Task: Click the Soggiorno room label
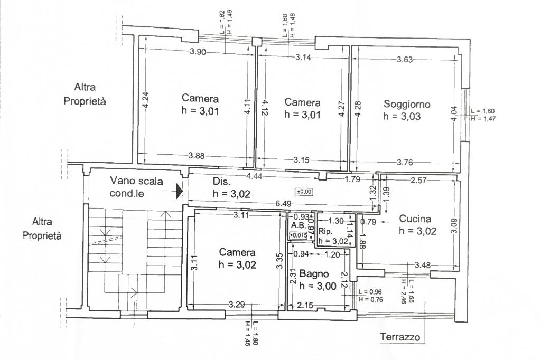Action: (407, 104)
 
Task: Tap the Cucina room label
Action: (415, 219)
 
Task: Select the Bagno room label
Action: (314, 274)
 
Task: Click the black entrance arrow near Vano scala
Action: (179, 191)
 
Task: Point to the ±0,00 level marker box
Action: (304, 192)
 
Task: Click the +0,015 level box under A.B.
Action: (298, 236)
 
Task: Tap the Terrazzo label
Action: (400, 337)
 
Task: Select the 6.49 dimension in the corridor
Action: (283, 204)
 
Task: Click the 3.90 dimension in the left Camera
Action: (198, 52)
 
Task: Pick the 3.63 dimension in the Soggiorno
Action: (405, 59)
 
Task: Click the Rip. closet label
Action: (325, 231)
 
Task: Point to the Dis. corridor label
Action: (221, 182)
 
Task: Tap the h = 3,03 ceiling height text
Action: (402, 116)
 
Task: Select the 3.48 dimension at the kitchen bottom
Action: (423, 265)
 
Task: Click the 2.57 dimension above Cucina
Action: (418, 180)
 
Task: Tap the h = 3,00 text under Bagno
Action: (318, 286)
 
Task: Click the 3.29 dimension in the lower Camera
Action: (237, 305)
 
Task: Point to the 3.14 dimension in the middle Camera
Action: (303, 58)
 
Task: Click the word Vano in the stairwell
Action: (122, 181)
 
